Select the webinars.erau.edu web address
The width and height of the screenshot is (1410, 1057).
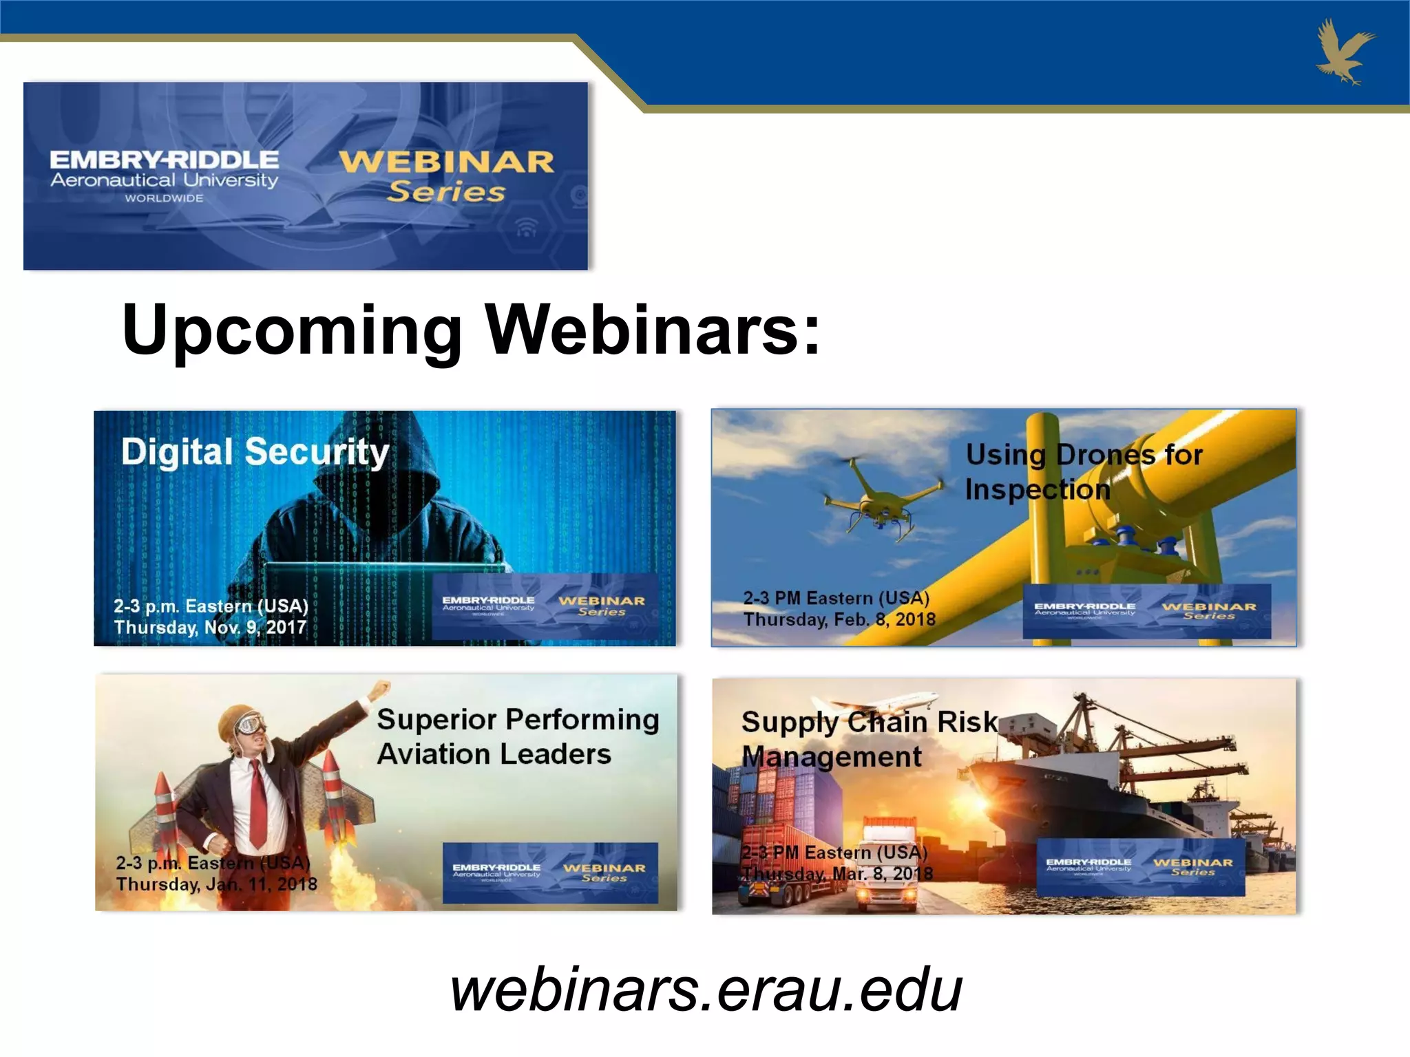706,990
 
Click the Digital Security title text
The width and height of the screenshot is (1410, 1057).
255,452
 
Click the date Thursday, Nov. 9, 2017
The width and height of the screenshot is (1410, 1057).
210,628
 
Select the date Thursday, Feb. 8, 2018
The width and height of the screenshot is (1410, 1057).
839,620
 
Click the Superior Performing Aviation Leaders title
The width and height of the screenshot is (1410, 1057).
518,737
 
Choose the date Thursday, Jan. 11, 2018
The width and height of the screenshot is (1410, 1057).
216,884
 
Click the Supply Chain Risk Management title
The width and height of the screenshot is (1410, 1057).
869,739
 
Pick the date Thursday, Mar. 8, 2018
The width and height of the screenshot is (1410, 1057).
837,875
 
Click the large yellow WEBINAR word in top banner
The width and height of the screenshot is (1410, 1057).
446,162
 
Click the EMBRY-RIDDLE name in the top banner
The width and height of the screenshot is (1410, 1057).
164,160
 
